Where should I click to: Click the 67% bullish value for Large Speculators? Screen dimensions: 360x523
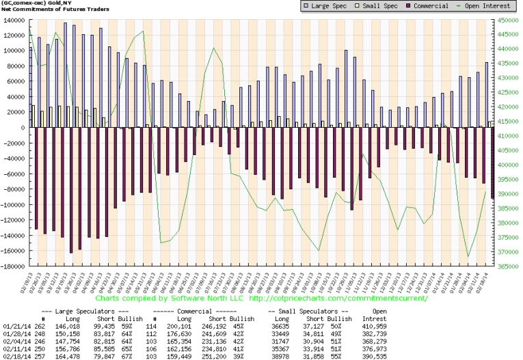(136, 357)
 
